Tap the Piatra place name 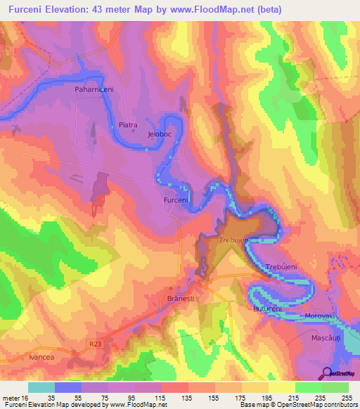(127, 125)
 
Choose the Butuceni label (266, 309)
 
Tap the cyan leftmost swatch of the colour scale (41, 387)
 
